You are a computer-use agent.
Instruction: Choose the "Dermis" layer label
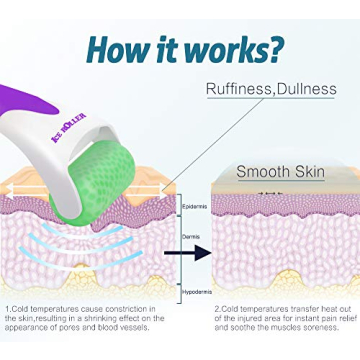(x=192, y=236)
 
